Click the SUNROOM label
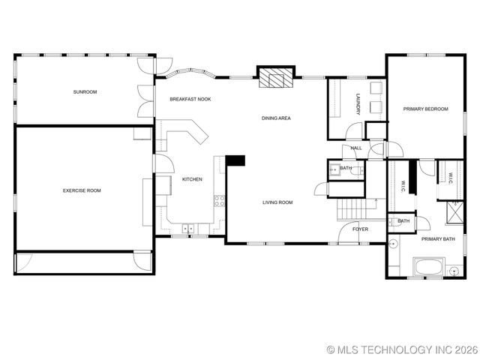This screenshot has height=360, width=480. (x=85, y=91)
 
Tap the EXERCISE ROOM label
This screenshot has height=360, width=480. (x=82, y=190)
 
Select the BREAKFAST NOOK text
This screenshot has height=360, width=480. (x=190, y=99)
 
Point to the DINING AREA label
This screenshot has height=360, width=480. (x=276, y=118)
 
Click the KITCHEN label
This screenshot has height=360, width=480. (x=192, y=179)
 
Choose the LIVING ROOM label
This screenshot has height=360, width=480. (x=277, y=202)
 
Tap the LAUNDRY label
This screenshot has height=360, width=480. (x=358, y=103)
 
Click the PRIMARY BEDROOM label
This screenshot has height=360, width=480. (x=425, y=109)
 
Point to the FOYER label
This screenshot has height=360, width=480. (x=361, y=229)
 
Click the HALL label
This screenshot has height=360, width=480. (x=356, y=148)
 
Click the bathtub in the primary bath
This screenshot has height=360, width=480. (x=430, y=268)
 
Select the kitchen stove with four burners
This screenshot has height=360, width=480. (x=220, y=200)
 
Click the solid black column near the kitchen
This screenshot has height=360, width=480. (x=235, y=160)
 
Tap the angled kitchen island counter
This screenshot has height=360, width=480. (x=189, y=135)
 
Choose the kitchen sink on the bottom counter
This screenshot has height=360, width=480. (x=187, y=227)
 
